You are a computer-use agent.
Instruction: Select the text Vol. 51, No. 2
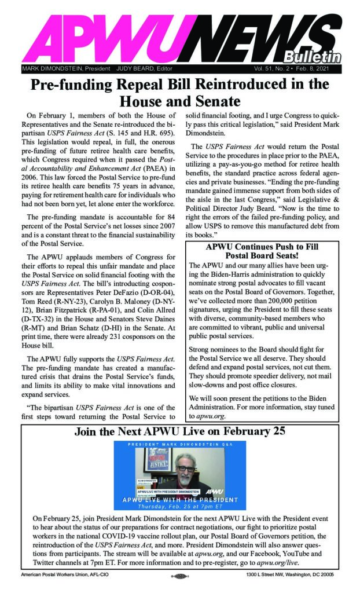point(274,68)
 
